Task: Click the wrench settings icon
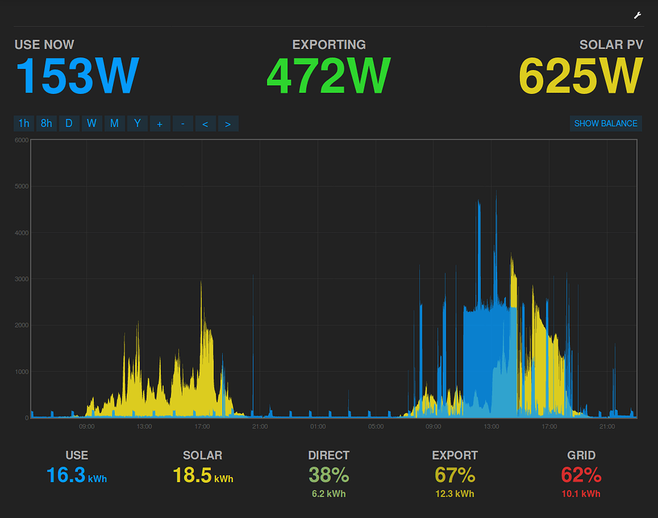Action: (x=637, y=16)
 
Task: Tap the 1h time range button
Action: (x=24, y=124)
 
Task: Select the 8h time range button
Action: (x=47, y=124)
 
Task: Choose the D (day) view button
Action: (x=69, y=124)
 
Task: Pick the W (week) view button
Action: (x=92, y=124)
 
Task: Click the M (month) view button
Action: (x=114, y=124)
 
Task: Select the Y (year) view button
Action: (x=137, y=124)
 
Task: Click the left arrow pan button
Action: (x=205, y=124)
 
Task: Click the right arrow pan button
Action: (x=228, y=124)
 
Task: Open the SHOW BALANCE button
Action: (x=606, y=124)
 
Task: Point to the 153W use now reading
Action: (x=77, y=76)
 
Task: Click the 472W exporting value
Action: (x=328, y=76)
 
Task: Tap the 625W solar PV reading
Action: (x=581, y=76)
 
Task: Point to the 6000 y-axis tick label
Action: (x=21, y=140)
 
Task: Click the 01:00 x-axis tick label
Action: (x=318, y=427)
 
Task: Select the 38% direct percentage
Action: (x=328, y=475)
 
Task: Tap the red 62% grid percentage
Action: (x=581, y=475)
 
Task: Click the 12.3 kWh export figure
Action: (x=455, y=494)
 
